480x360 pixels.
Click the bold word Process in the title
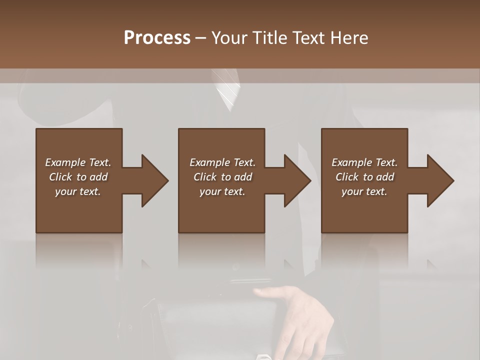pyautogui.click(x=157, y=38)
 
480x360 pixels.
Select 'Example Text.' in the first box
pyautogui.click(x=78, y=162)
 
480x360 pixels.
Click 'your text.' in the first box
pyautogui.click(x=78, y=191)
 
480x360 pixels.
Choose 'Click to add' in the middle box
pyautogui.click(x=222, y=177)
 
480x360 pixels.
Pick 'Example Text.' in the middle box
pyautogui.click(x=222, y=162)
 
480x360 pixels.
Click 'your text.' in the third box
pyautogui.click(x=364, y=191)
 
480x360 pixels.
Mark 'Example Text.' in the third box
pyautogui.click(x=364, y=162)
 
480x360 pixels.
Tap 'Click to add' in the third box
pyautogui.click(x=364, y=177)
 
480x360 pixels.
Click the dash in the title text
pyautogui.click(x=200, y=38)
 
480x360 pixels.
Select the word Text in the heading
pyautogui.click(x=309, y=38)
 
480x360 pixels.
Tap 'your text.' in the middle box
pyautogui.click(x=222, y=191)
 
